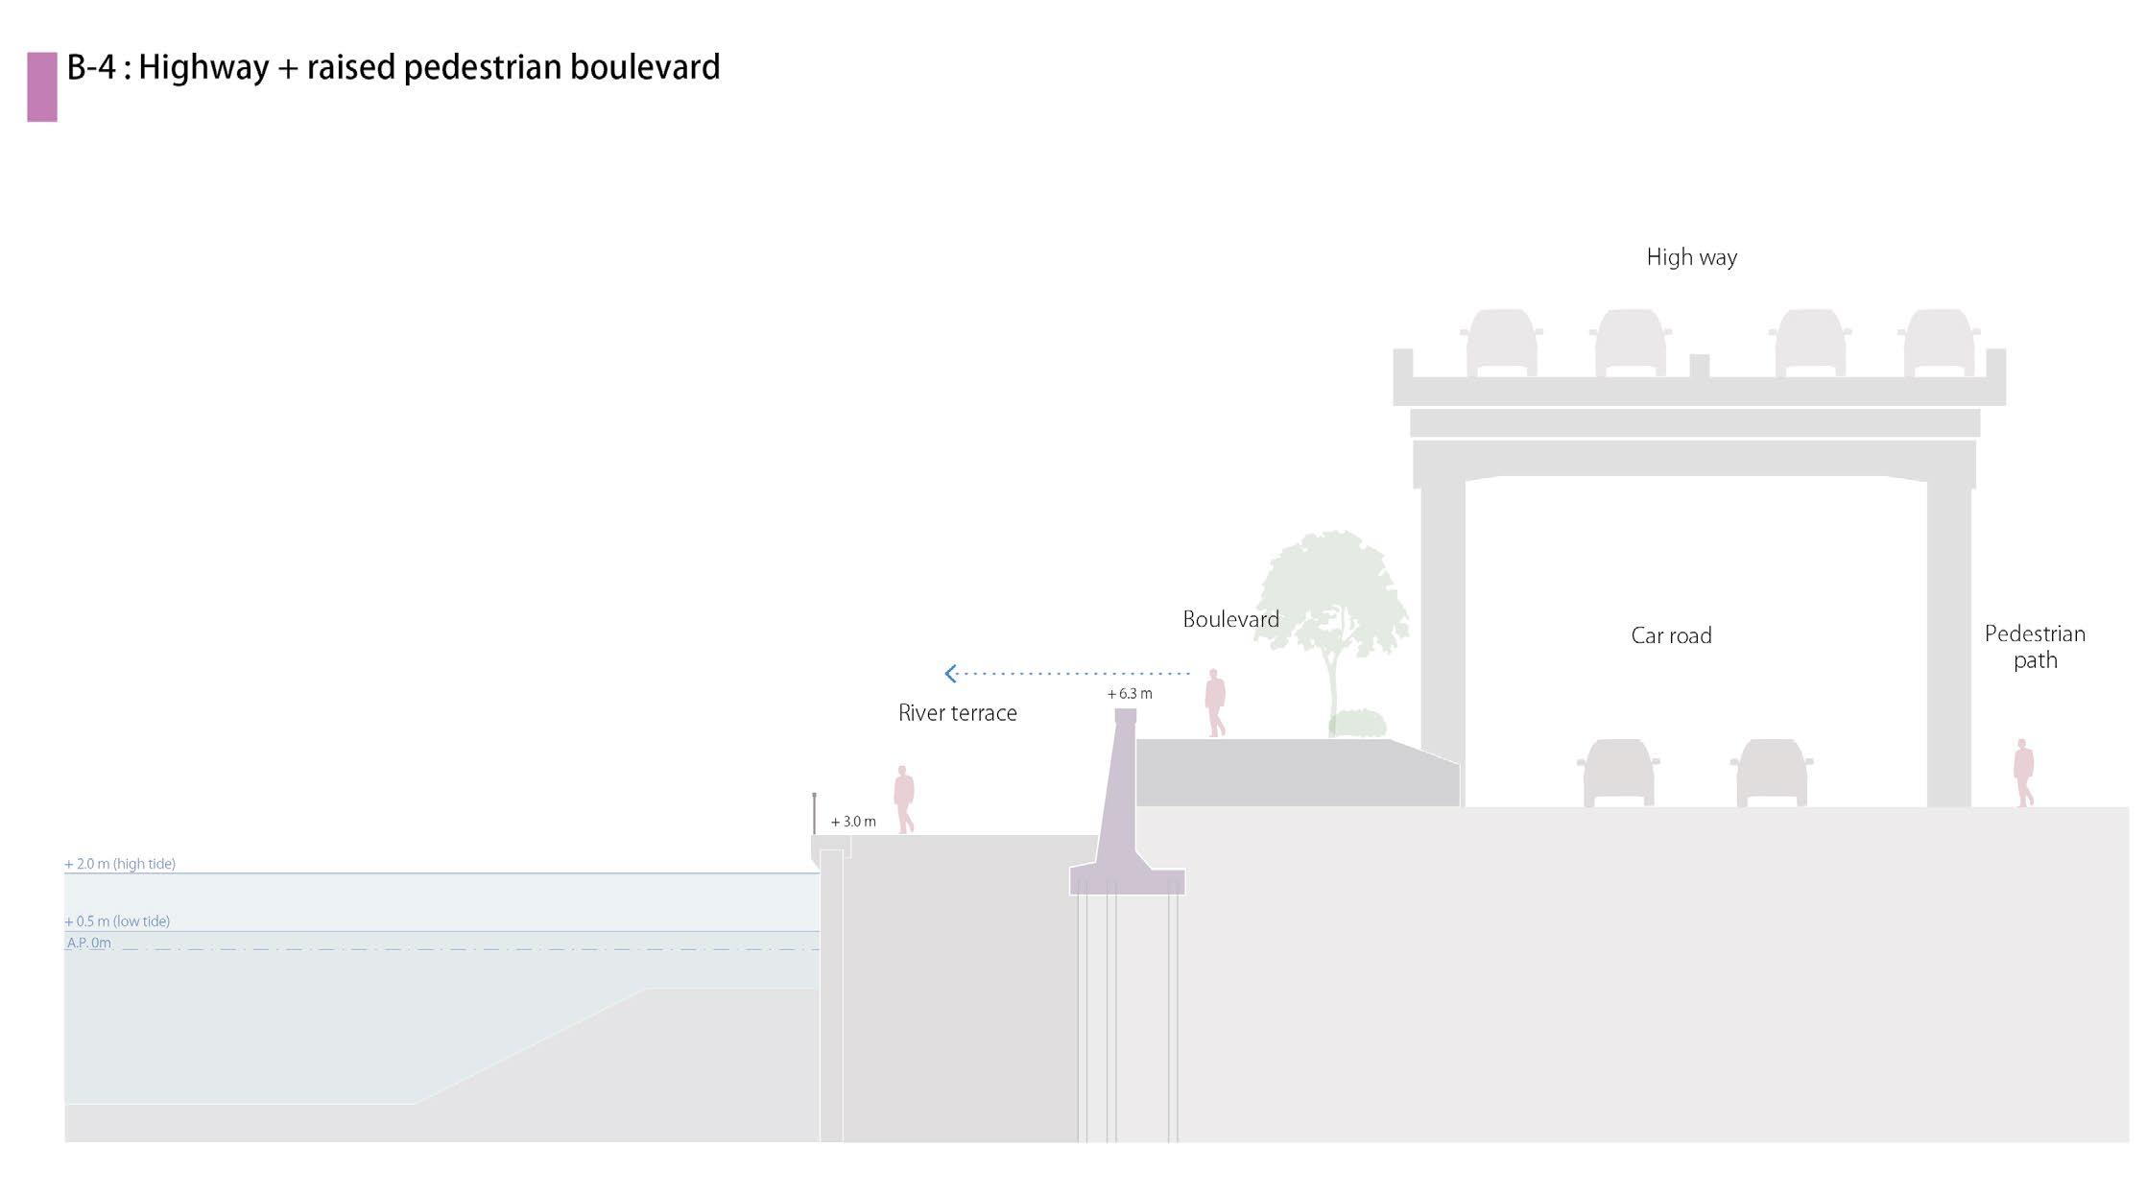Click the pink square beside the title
click(x=42, y=86)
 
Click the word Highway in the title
click(x=203, y=67)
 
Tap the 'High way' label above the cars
click(x=1691, y=257)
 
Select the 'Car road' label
click(x=1671, y=635)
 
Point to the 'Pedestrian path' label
click(x=2035, y=647)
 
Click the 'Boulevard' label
click(x=1230, y=619)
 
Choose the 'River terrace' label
click(x=957, y=713)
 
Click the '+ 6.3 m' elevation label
click(x=1130, y=693)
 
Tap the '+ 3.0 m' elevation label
click(x=853, y=822)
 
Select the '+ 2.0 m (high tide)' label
click(x=120, y=864)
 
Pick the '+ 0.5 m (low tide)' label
click(x=117, y=921)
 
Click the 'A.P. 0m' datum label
click(x=88, y=943)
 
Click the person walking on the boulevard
click(x=1215, y=703)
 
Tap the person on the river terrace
click(x=903, y=799)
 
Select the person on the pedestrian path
click(x=2023, y=772)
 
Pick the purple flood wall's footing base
click(x=1127, y=881)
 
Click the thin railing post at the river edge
click(x=815, y=813)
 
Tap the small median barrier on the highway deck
click(x=1699, y=366)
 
